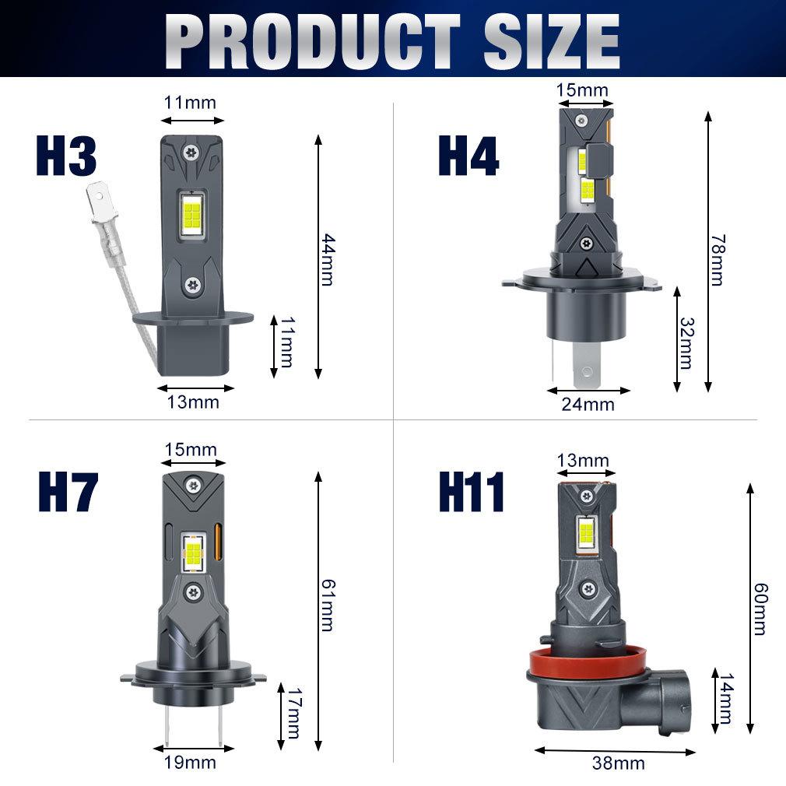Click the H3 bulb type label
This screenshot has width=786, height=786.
(66, 156)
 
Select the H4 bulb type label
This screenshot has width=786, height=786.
(468, 156)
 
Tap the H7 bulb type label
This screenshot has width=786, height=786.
(68, 492)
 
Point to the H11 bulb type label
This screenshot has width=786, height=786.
(471, 492)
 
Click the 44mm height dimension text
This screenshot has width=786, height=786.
(328, 259)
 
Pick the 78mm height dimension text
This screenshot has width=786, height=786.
(718, 260)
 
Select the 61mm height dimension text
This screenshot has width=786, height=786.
(328, 605)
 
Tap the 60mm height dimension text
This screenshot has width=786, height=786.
(760, 609)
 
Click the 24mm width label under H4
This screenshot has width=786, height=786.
(588, 404)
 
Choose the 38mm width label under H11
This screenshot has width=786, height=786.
(619, 763)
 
